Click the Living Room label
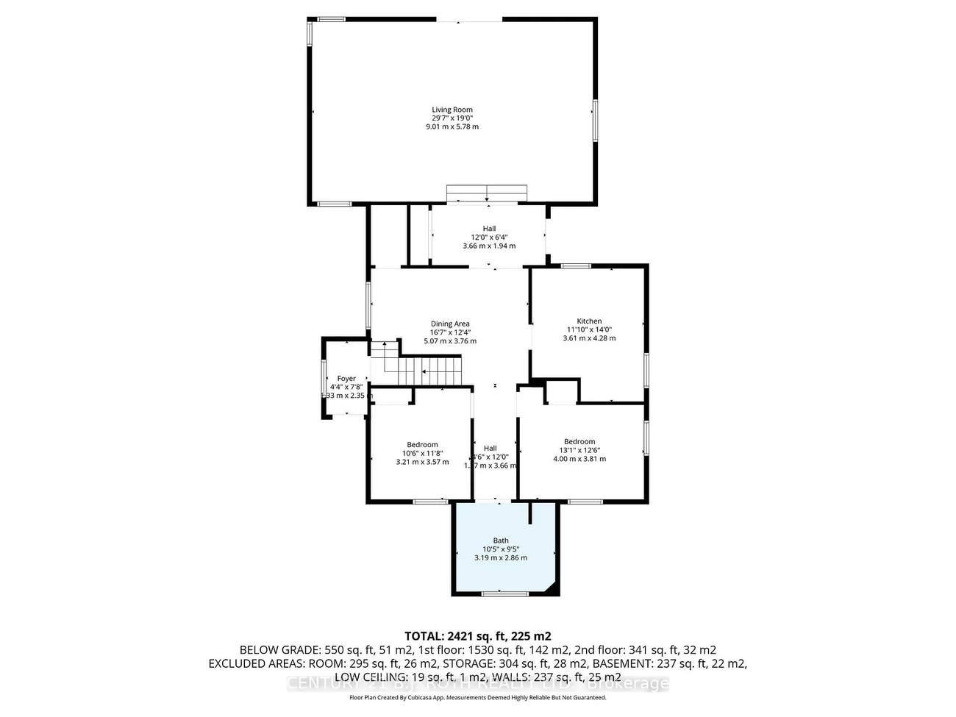coord(452,110)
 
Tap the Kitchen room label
coord(589,321)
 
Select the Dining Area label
coord(450,324)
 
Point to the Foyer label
coord(346,379)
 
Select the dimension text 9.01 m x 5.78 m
coord(452,126)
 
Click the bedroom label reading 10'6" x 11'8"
coord(422,453)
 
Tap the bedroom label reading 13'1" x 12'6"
coord(579,450)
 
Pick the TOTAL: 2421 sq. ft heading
coord(478,636)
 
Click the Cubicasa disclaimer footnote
coord(478,697)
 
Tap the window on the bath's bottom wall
coord(504,593)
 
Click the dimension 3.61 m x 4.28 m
coord(589,338)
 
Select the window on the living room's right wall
coord(595,120)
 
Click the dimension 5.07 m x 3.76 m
coord(450,341)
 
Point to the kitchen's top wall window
coord(576,265)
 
